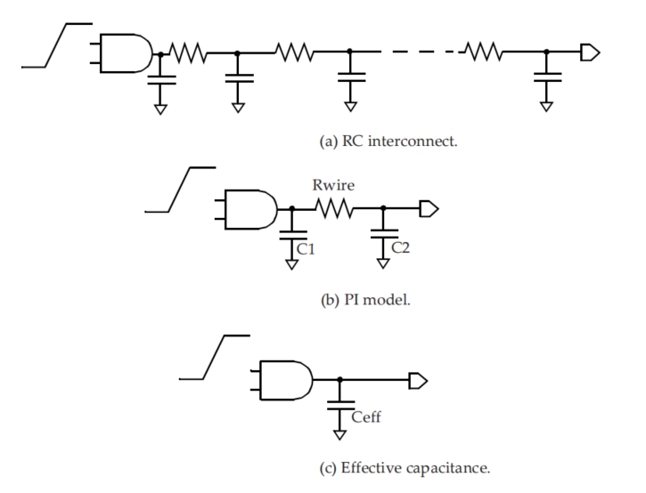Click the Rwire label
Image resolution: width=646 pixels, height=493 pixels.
pyautogui.click(x=333, y=185)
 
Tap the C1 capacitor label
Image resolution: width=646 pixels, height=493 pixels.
pyautogui.click(x=306, y=249)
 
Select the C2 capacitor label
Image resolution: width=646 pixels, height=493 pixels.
pyautogui.click(x=400, y=247)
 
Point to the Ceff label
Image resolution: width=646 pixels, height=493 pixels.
pyautogui.click(x=366, y=416)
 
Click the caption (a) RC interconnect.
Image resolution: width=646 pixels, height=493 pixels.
pyautogui.click(x=388, y=141)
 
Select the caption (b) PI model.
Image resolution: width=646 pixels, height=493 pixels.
pyautogui.click(x=365, y=300)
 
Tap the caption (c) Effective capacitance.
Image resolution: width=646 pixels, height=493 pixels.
pyautogui.click(x=405, y=468)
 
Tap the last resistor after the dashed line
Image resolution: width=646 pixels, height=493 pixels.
pyautogui.click(x=483, y=52)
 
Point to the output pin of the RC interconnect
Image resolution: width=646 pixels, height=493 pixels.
pyautogui.click(x=590, y=53)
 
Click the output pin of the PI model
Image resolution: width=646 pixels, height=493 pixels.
pyautogui.click(x=429, y=208)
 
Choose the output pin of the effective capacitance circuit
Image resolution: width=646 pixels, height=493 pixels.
pyautogui.click(x=418, y=381)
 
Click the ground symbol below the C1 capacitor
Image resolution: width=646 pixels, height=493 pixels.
pyautogui.click(x=291, y=264)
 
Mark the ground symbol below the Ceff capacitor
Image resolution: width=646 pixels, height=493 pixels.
pyautogui.click(x=339, y=435)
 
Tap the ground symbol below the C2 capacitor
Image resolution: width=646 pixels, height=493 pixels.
pyautogui.click(x=383, y=263)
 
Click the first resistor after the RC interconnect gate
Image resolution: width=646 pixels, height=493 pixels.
pyautogui.click(x=188, y=53)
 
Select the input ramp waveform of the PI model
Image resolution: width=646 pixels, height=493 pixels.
pyautogui.click(x=180, y=190)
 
